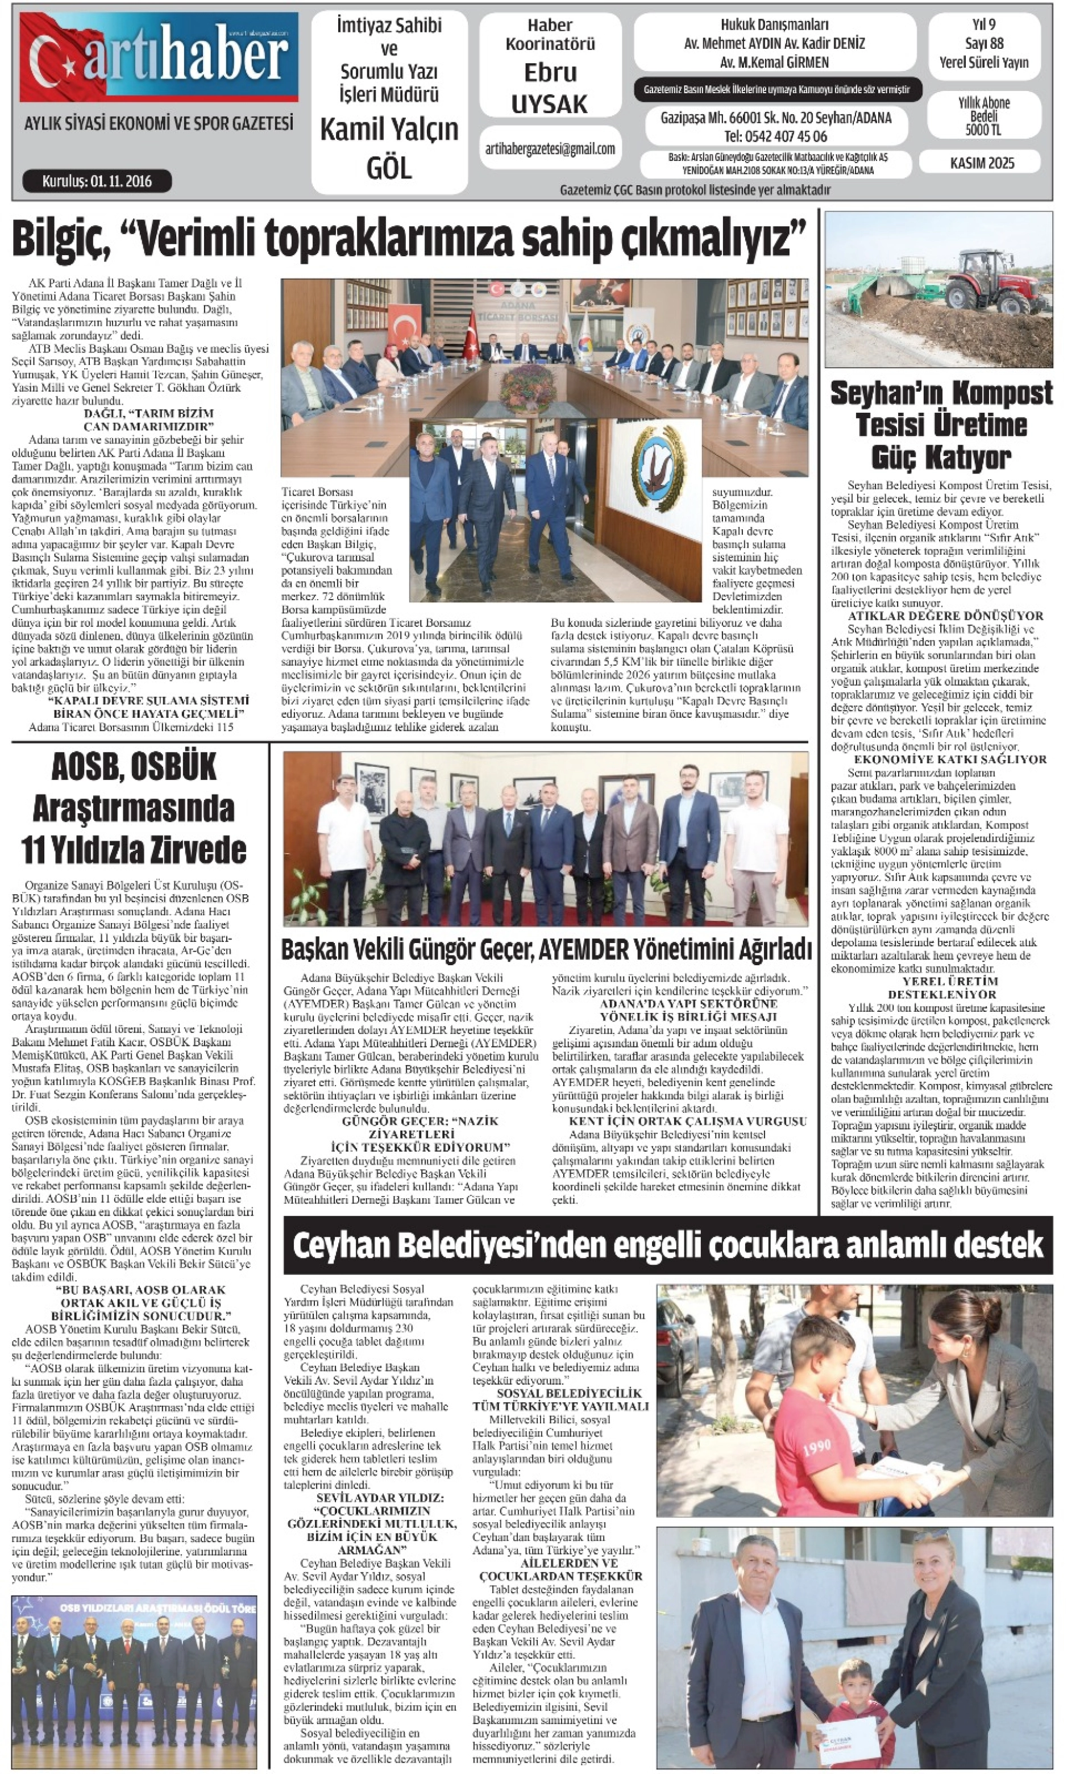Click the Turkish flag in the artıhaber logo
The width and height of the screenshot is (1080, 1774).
pos(54,57)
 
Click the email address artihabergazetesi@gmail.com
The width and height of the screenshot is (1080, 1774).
pos(550,149)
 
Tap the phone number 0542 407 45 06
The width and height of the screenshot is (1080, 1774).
pos(775,136)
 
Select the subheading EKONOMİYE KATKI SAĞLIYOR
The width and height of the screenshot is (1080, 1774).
pos(950,759)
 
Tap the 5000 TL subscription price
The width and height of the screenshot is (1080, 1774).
pos(983,130)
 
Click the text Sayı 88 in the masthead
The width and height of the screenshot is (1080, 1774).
pos(983,43)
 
